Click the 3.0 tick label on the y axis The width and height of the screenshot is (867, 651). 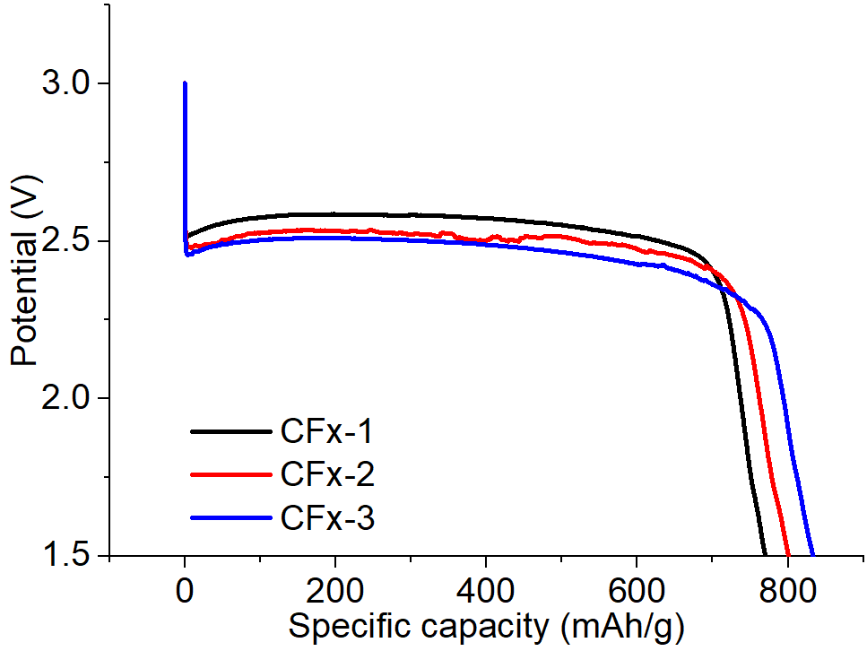pos(65,83)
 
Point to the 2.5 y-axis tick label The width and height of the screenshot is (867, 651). pos(65,241)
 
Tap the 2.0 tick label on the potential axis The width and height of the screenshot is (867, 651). pos(65,398)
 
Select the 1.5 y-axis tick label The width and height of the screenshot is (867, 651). pos(65,555)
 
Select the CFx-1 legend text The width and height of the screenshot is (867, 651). pos(326,432)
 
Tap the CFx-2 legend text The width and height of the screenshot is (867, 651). pos(326,475)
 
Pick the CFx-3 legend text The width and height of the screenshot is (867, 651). pos(326,518)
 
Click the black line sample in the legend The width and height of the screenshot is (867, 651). pos(230,432)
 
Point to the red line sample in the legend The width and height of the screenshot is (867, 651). pos(230,475)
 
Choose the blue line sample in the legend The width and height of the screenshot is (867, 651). pos(230,518)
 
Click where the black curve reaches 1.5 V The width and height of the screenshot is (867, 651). pos(764,553)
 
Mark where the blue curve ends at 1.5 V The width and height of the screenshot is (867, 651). pos(812,553)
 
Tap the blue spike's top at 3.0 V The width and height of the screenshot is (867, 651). pos(185,84)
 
